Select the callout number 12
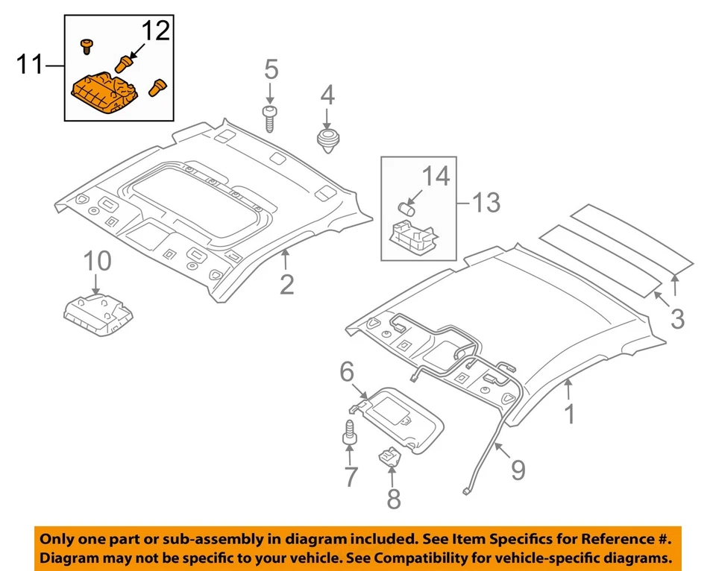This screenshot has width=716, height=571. pyautogui.click(x=156, y=31)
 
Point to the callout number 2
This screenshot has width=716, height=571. pyautogui.click(x=287, y=283)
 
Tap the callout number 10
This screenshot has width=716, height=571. pyautogui.click(x=97, y=262)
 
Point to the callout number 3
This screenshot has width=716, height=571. pyautogui.click(x=676, y=318)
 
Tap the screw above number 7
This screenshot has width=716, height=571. pyautogui.click(x=348, y=434)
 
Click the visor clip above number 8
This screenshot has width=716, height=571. pyautogui.click(x=389, y=455)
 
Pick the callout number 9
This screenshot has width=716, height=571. pyautogui.click(x=517, y=470)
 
